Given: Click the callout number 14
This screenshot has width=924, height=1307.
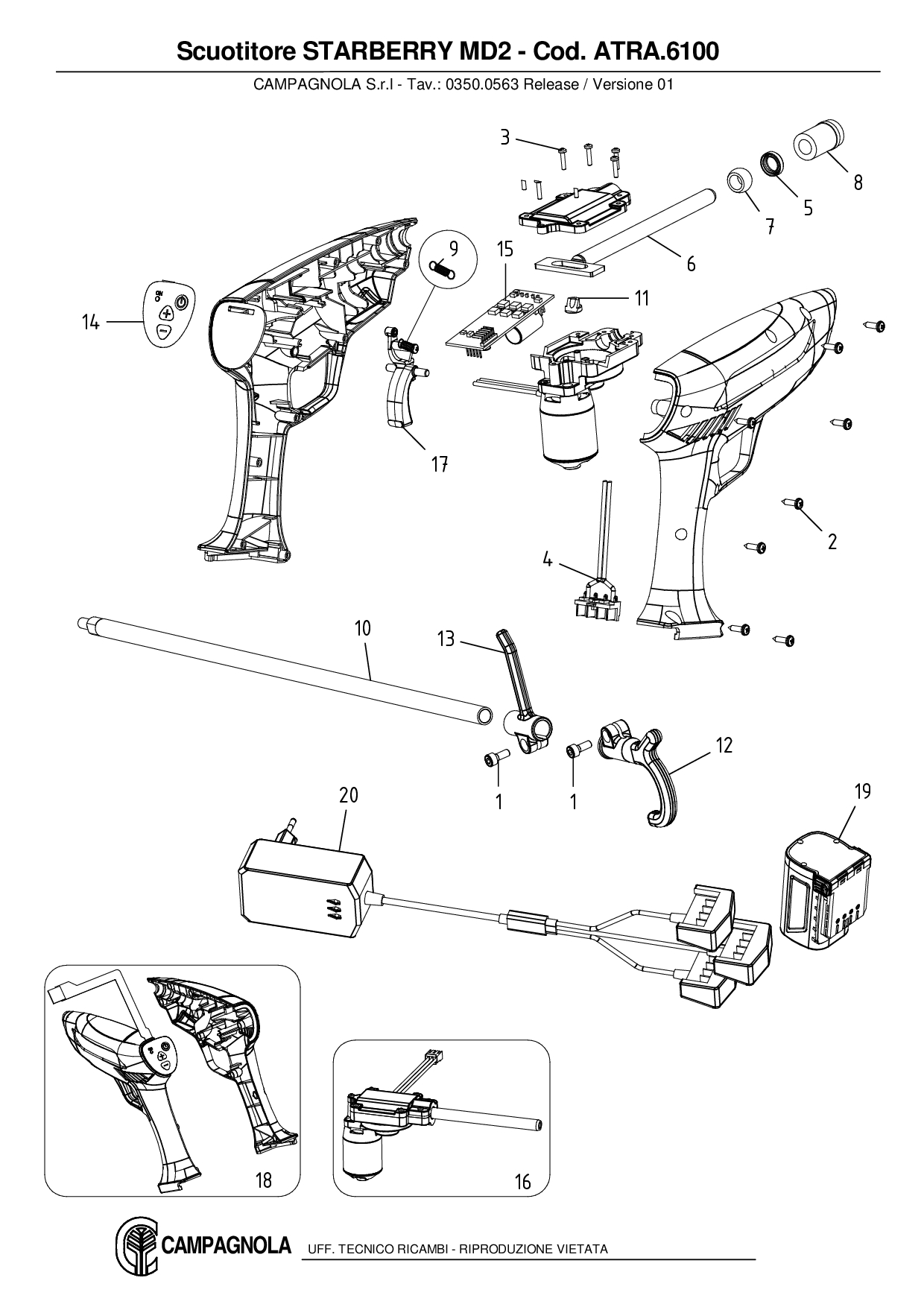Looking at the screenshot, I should click(90, 323).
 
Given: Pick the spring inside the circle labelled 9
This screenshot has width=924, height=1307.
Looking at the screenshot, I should click(443, 268).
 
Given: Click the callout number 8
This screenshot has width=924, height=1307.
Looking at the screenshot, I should click(858, 182).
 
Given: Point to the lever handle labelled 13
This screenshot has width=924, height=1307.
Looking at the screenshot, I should click(514, 671).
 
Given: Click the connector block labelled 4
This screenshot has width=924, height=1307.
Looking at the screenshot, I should click(596, 600).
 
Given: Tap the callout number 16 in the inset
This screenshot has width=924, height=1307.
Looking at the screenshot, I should click(522, 1182).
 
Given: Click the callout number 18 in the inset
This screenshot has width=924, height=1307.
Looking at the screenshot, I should click(263, 1180).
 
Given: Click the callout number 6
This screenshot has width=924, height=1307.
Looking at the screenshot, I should click(691, 264).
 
